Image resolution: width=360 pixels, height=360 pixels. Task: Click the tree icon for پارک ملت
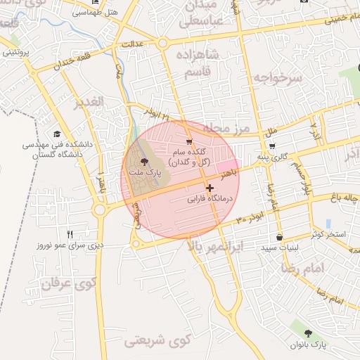pyautogui.click(x=145, y=162)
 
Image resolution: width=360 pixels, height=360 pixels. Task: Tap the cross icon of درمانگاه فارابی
pyautogui.click(x=210, y=188)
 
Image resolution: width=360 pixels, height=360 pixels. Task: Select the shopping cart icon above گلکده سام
pyautogui.click(x=188, y=141)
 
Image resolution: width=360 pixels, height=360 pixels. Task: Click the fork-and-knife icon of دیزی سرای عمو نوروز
pyautogui.click(x=70, y=234)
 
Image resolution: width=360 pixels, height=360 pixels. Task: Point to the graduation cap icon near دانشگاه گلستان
pyautogui.click(x=56, y=134)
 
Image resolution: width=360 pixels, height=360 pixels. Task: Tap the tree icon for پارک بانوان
pyautogui.click(x=308, y=333)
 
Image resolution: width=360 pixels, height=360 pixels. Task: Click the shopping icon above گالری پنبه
pyautogui.click(x=272, y=146)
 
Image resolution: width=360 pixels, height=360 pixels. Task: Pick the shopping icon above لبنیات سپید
pyautogui.click(x=280, y=237)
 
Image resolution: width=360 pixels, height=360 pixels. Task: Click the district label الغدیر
pyautogui.click(x=88, y=101)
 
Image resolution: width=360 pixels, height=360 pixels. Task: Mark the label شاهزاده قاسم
pyautogui.click(x=205, y=63)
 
